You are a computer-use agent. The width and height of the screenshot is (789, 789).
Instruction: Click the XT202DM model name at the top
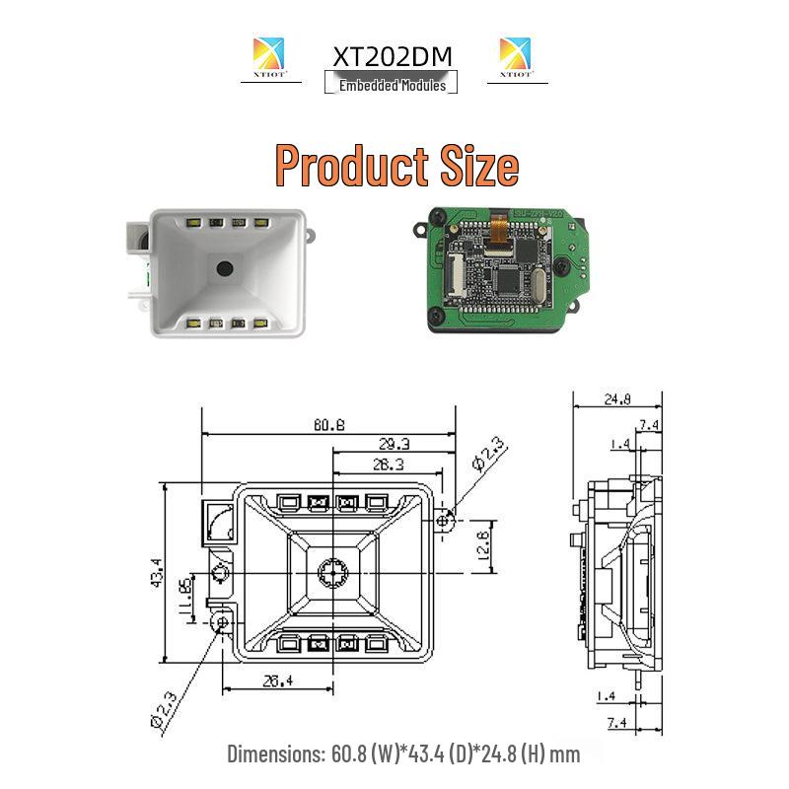click(393, 56)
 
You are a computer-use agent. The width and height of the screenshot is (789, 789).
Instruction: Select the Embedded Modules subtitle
click(393, 86)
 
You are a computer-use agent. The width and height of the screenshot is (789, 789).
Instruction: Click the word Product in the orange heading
click(353, 165)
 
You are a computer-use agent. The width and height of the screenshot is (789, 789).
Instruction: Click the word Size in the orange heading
click(478, 165)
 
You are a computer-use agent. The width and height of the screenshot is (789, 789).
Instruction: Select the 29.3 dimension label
click(394, 444)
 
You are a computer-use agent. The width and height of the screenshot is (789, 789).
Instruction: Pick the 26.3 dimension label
click(387, 464)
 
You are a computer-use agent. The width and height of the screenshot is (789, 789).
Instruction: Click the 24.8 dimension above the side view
click(617, 400)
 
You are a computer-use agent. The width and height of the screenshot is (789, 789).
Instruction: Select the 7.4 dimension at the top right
click(650, 425)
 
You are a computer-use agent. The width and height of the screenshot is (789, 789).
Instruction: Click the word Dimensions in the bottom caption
click(273, 754)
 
